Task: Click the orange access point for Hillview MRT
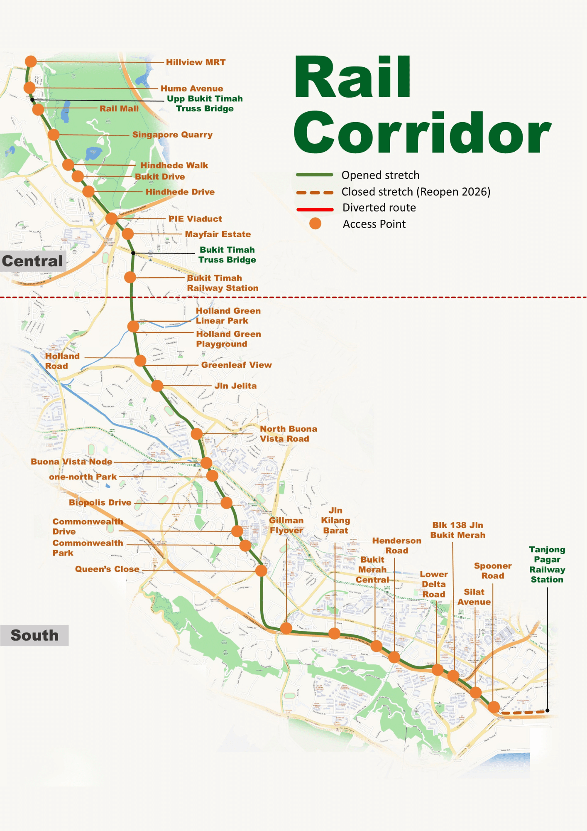[31, 61]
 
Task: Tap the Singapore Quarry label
[172, 135]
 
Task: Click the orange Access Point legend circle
[316, 224]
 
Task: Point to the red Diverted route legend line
[315, 209]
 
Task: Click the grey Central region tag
[32, 261]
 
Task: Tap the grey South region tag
[34, 635]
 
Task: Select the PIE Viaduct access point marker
[111, 218]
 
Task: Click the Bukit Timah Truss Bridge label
[227, 255]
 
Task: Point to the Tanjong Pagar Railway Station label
[547, 564]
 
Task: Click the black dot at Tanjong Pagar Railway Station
[547, 711]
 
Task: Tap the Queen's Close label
[107, 569]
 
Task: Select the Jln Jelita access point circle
[157, 386]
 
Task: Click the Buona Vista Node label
[71, 462]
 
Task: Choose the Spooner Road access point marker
[494, 707]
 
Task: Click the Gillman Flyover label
[286, 526]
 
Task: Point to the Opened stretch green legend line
[315, 175]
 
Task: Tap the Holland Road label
[62, 361]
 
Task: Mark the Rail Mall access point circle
[38, 110]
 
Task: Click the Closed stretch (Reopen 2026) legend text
[416, 192]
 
